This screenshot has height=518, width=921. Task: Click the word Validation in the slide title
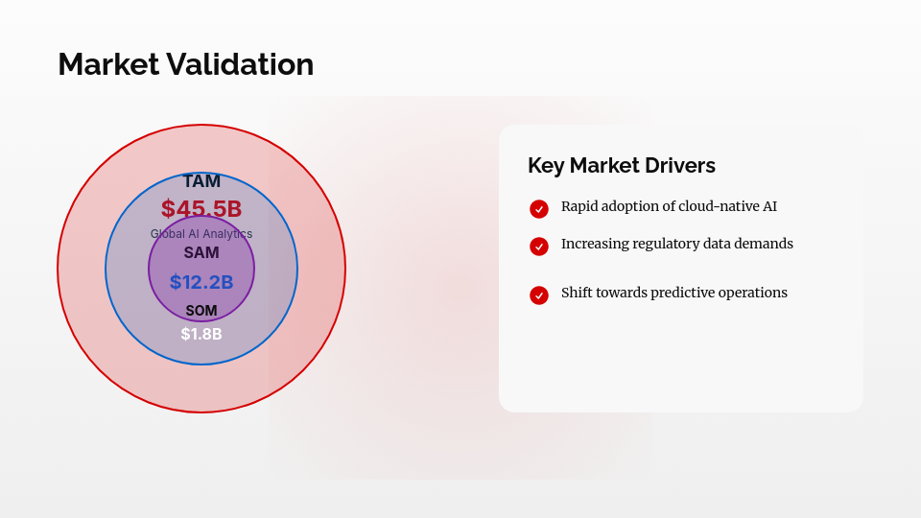(240, 64)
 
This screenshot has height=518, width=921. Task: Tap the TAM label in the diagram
(201, 181)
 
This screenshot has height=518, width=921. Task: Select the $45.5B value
(201, 208)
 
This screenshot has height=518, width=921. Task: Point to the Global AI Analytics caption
(201, 234)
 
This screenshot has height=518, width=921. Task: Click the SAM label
(201, 253)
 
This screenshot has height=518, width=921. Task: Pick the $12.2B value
(201, 282)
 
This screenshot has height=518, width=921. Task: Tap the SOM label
(201, 311)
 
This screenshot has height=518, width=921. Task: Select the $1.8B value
(201, 334)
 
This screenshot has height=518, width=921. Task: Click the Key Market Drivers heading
(622, 165)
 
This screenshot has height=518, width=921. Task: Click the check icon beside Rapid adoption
(539, 208)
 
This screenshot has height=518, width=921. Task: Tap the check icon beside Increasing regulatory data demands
(539, 247)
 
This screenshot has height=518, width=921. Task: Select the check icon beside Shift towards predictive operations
(539, 295)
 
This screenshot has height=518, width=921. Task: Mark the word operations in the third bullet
(755, 293)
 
